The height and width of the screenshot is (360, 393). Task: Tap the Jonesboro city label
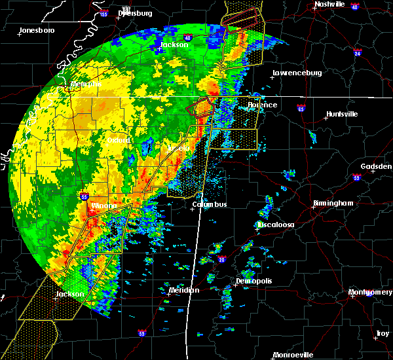click(x=37, y=30)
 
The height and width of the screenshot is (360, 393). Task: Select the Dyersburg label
click(x=136, y=12)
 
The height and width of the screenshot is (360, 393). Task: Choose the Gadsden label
click(x=375, y=167)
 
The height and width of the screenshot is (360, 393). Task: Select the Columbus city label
click(x=210, y=205)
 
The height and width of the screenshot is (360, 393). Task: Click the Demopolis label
click(x=253, y=281)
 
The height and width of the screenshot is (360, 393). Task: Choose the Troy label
click(x=382, y=334)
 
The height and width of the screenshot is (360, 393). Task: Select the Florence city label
click(x=262, y=105)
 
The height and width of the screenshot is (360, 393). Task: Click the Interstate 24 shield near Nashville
click(x=358, y=51)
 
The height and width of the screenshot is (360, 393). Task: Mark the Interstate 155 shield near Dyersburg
click(x=104, y=13)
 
